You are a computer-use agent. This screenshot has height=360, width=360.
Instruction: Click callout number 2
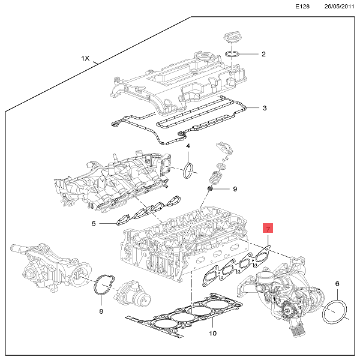click(x=263, y=55)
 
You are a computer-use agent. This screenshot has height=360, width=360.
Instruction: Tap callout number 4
click(x=188, y=146)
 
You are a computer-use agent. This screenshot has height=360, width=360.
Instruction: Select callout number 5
click(x=94, y=224)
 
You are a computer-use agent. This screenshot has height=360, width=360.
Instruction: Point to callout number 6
click(x=337, y=283)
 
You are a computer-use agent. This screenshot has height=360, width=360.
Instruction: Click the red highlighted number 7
click(x=268, y=229)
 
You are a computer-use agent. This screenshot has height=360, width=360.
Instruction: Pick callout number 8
click(x=101, y=313)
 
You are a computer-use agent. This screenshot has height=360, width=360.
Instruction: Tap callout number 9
click(x=235, y=189)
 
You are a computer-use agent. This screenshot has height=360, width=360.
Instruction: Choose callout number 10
click(x=212, y=333)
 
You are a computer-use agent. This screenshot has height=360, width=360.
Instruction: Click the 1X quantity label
click(x=85, y=59)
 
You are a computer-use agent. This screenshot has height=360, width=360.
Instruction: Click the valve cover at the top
click(x=173, y=84)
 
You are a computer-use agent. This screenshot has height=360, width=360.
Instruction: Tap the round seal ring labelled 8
click(x=104, y=286)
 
